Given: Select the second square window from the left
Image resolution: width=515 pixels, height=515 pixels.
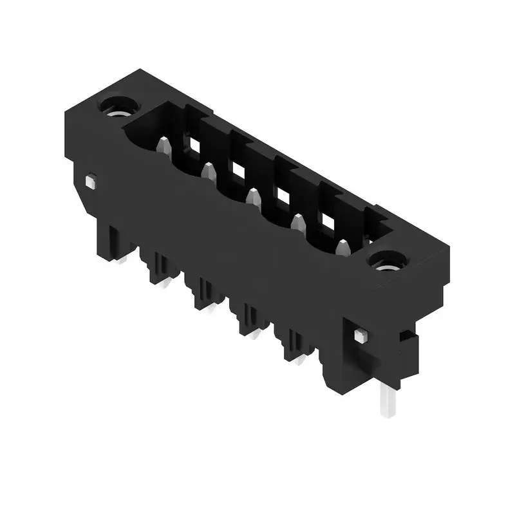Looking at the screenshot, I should tap(238, 169).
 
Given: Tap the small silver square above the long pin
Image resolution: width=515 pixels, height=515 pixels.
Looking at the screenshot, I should tap(360, 335).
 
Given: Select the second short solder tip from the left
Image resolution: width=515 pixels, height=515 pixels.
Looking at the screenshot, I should tap(167, 283).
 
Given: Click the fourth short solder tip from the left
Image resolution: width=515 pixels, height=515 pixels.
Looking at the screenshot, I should tap(256, 333).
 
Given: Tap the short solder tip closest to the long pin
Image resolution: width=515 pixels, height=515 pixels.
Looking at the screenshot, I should tap(300, 359).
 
